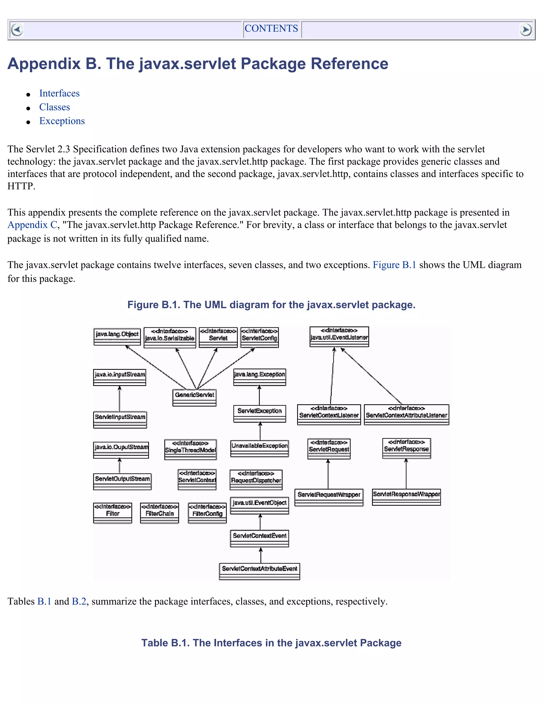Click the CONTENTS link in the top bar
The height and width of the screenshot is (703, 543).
pos(271,29)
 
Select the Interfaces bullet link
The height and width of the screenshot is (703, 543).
pos(59,93)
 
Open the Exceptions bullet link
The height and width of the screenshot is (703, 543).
pos(62,121)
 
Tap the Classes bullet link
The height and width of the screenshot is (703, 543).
pos(54,107)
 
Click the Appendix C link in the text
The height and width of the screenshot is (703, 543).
pos(32,225)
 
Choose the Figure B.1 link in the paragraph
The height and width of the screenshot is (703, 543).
pos(394,265)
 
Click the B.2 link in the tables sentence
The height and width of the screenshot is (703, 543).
pos(79,601)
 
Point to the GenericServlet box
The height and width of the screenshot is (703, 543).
pos(194,397)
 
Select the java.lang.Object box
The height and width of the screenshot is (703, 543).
pos(117,337)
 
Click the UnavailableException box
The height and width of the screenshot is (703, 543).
pos(259,448)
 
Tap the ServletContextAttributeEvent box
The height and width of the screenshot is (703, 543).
pos(259,571)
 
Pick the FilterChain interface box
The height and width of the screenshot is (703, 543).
pos(160,513)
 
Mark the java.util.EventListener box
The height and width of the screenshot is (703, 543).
pos(339,337)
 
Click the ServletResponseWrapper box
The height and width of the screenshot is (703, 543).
pos(406,497)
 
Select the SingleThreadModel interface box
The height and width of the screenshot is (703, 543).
pos(190,449)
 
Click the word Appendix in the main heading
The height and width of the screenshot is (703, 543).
pos(44,64)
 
